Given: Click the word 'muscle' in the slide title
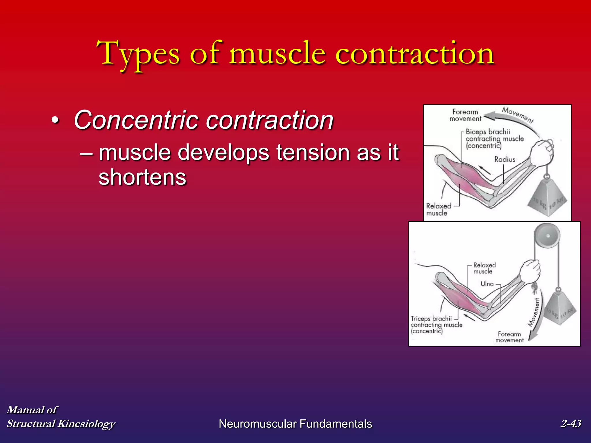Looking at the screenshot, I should pos(277,54).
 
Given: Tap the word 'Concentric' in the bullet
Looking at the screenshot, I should pos(136,120).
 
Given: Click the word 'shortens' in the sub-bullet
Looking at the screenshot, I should pos(142,177).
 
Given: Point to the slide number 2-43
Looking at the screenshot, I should pos(571,423).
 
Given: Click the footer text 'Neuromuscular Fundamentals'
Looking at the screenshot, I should pos(295,424).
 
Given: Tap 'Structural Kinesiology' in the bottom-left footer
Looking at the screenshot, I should pos(61,424).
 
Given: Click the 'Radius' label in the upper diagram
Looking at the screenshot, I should pos(505,159).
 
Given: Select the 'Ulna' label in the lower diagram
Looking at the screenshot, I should pos(487,284).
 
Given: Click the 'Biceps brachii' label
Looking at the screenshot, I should pos(488,132).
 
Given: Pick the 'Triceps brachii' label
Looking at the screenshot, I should pos(431,319).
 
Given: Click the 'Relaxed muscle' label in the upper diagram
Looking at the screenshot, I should pos(438,210).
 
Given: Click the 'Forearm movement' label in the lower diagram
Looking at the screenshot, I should pos(509,337).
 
